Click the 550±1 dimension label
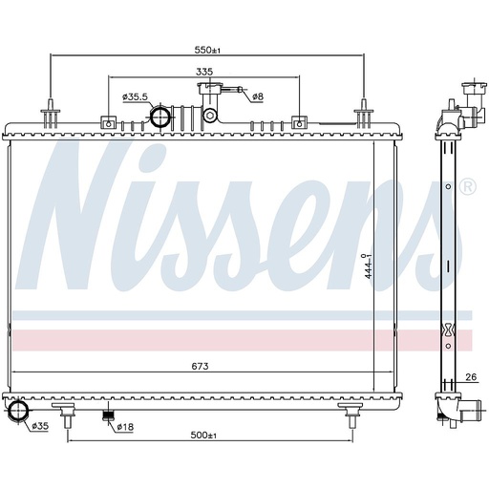[207, 50]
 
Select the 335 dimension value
[204, 72]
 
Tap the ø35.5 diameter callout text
[135, 96]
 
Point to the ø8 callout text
[258, 96]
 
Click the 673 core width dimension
[200, 366]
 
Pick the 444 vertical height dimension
[369, 266]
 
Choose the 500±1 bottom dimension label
[203, 435]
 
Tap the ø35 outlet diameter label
[40, 426]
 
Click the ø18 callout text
[125, 427]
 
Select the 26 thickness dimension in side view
[471, 377]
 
